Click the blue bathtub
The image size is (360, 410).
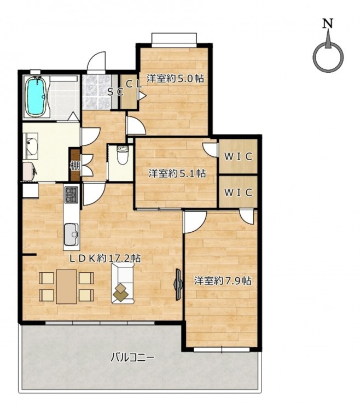tap(36, 96)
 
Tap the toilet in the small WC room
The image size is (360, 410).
tap(122, 156)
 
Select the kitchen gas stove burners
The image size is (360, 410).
tap(71, 195)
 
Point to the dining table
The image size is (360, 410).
tap(66, 286)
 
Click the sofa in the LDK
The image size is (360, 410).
tap(123, 283)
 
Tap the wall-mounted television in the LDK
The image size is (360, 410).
tap(178, 284)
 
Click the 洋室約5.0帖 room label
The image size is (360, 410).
tap(175, 78)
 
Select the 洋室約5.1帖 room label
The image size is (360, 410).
tap(177, 173)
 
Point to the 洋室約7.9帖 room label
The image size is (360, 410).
tap(223, 280)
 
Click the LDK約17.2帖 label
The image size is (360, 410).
tap(104, 259)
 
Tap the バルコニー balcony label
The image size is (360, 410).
tap(132, 357)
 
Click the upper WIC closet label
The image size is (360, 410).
tap(238, 157)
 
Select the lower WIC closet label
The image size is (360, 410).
tap(238, 193)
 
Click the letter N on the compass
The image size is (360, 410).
tap(328, 24)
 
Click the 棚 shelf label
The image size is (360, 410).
tap(75, 166)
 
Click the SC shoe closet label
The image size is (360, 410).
tap(115, 92)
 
